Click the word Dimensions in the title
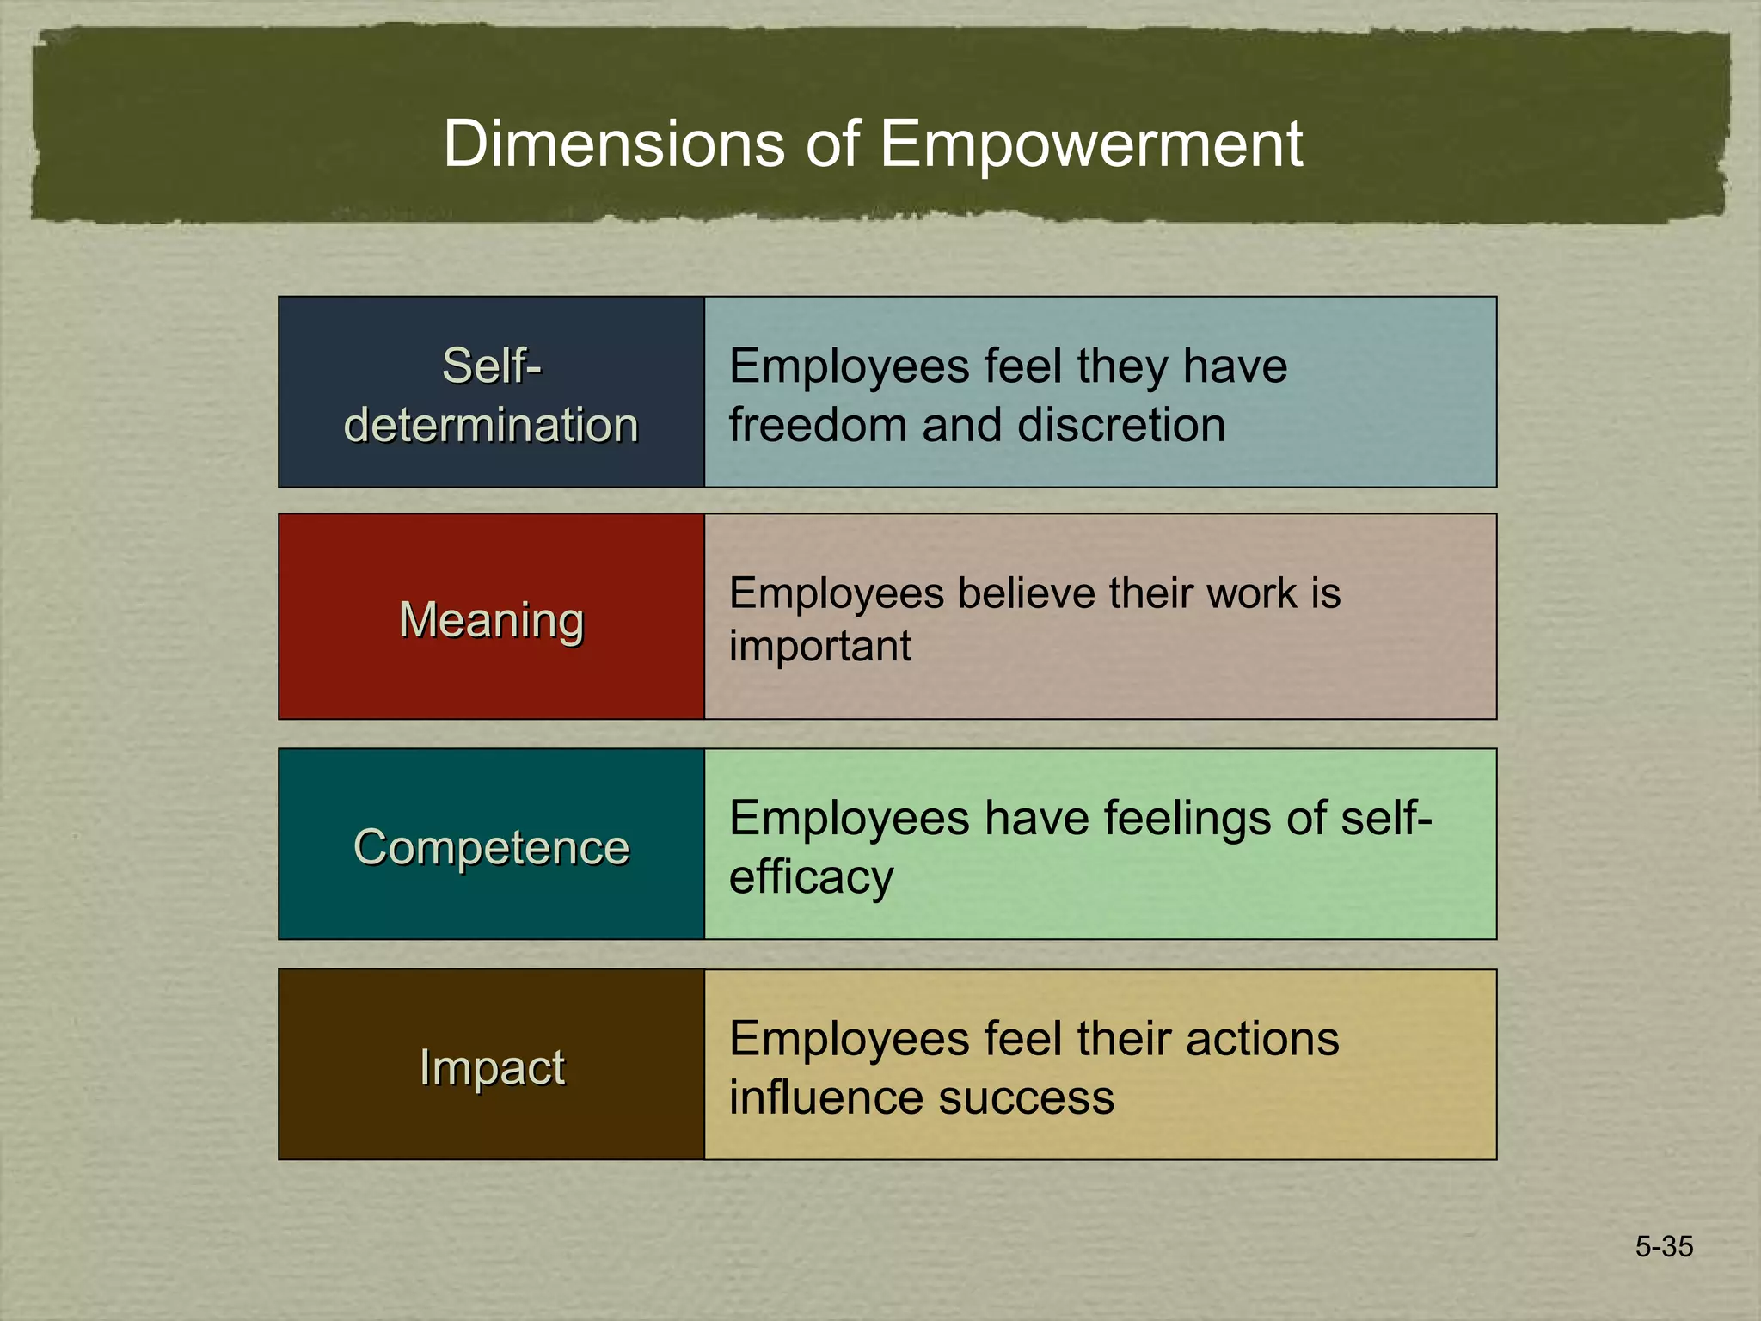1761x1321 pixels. (613, 144)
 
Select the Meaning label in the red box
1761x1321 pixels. (491, 619)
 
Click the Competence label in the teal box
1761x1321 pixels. (491, 847)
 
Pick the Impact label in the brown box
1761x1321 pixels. (491, 1067)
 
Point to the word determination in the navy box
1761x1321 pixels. (491, 425)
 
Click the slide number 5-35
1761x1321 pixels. (1664, 1246)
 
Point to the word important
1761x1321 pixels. (819, 646)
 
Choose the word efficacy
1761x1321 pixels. (811, 877)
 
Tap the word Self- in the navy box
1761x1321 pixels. (491, 366)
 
